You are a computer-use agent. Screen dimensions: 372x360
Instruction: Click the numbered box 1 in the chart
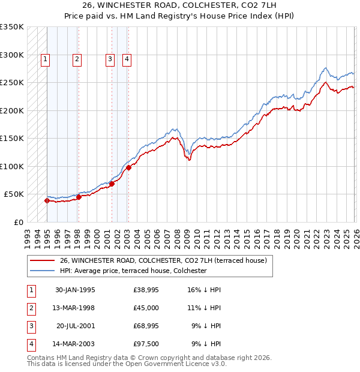coord(46,59)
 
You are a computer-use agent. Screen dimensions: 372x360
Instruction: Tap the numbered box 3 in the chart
coord(110,59)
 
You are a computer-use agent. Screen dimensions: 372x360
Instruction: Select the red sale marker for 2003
coord(128,167)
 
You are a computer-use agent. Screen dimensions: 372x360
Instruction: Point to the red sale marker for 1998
coord(79,197)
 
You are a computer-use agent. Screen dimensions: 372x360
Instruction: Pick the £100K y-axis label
coord(12,166)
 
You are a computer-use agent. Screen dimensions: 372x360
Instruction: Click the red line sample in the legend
coord(42,260)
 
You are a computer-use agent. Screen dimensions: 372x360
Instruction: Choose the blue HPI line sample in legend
coord(42,271)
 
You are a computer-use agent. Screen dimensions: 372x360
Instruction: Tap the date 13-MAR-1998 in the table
coord(75,308)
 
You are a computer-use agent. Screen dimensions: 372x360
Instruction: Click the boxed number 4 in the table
coord(30,344)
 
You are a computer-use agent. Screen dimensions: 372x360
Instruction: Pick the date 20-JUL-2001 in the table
coord(75,326)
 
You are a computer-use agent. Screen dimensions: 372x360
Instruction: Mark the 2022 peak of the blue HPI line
coord(325,68)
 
